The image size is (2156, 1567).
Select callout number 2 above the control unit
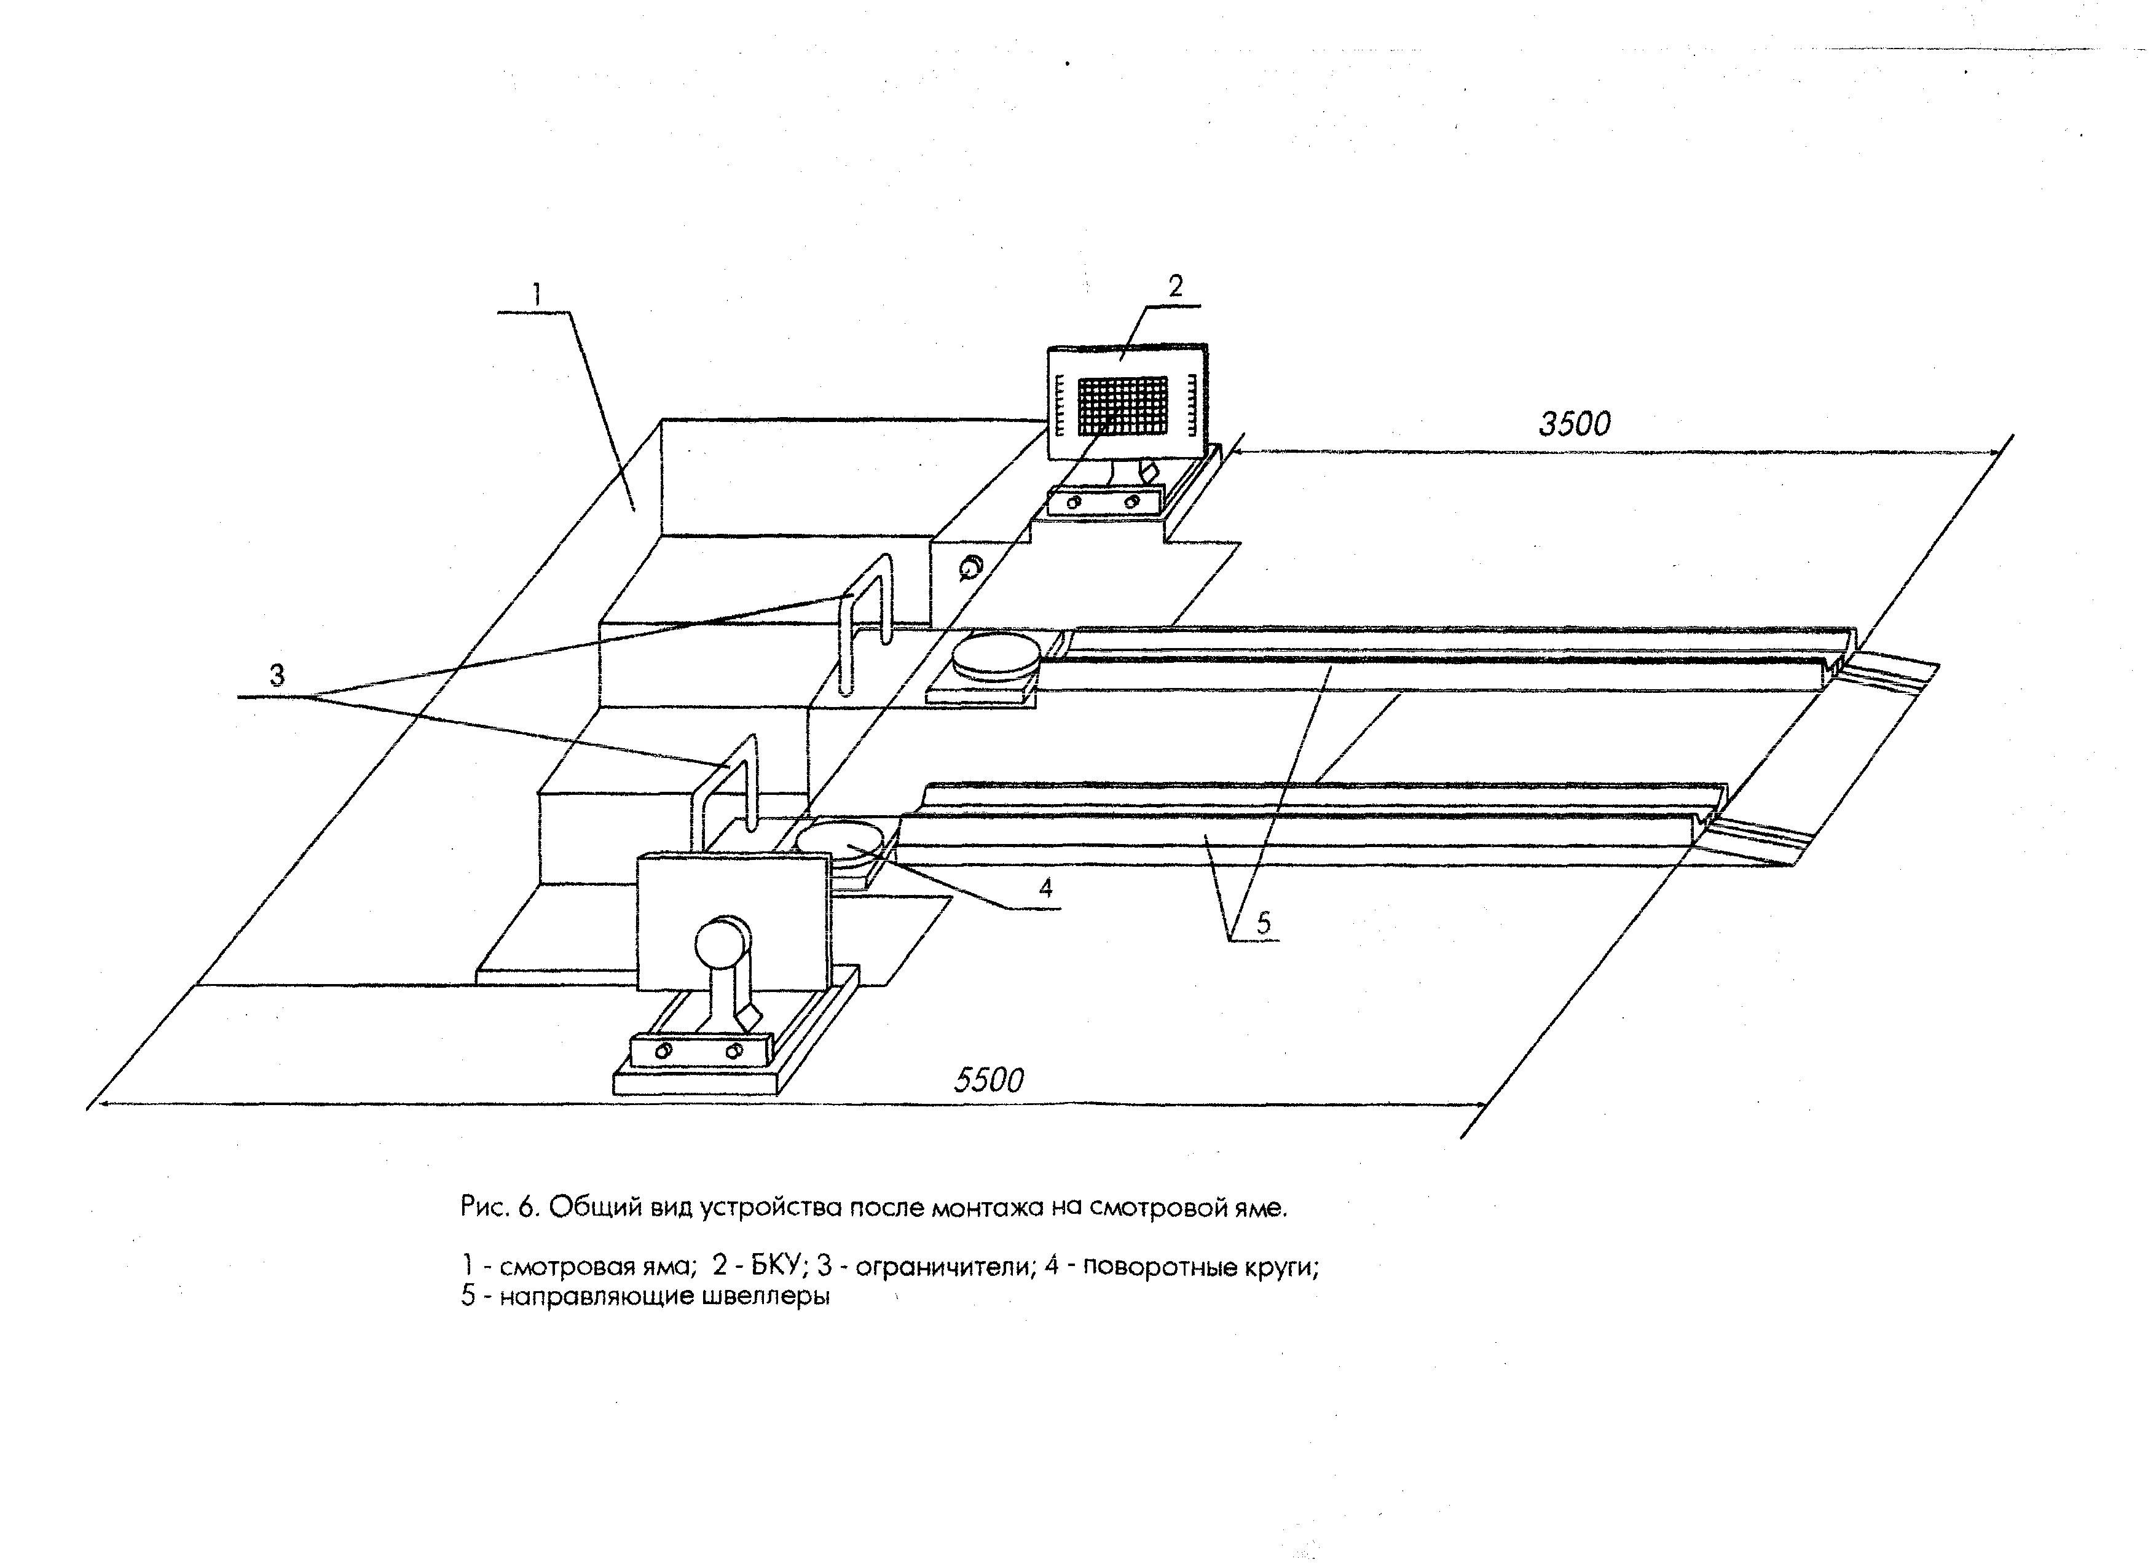[x=1175, y=286]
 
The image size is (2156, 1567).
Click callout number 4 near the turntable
[x=1045, y=888]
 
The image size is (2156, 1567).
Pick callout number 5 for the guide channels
[x=1264, y=922]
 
